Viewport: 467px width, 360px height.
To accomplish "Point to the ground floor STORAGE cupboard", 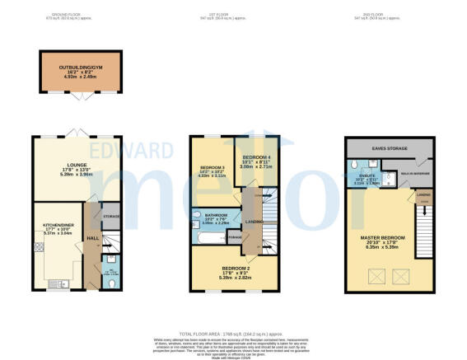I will (110, 217).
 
